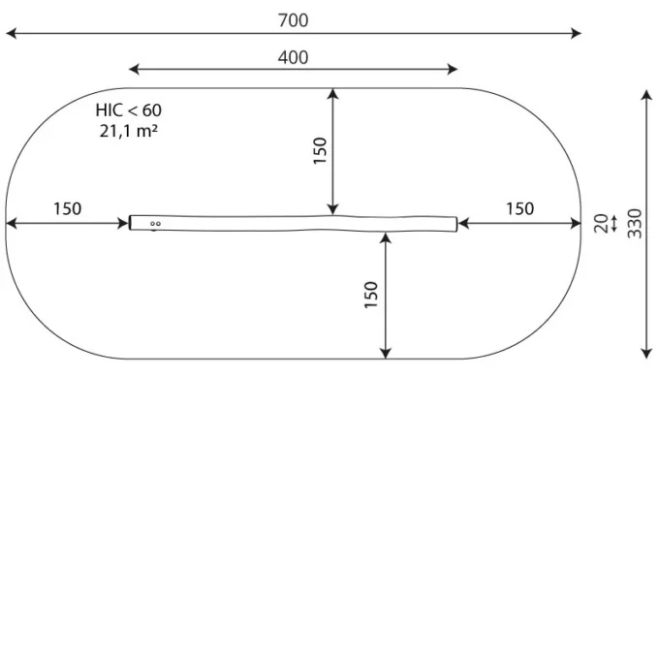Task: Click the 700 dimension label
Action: tap(293, 20)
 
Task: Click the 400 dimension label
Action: tap(293, 57)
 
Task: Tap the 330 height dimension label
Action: tap(635, 223)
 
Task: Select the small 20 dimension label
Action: tap(602, 223)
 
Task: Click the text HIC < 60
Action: tap(128, 110)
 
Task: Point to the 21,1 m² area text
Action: tap(129, 131)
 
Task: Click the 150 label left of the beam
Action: tap(67, 208)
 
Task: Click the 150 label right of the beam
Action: tap(519, 208)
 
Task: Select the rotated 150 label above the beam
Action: tap(320, 150)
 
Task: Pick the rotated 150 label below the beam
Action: tap(371, 295)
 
